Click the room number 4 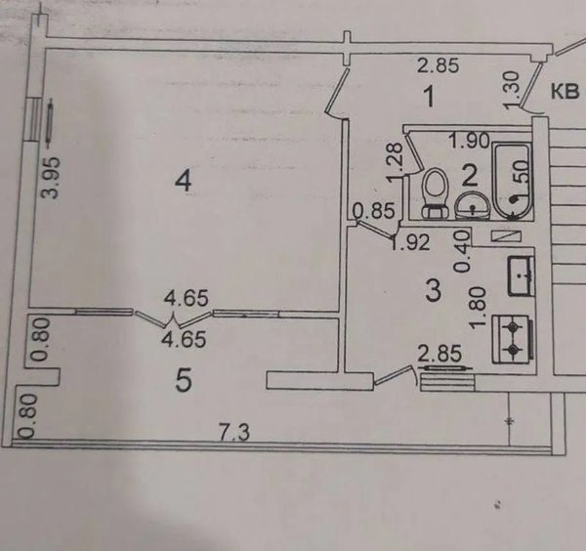184,182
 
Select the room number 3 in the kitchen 434,291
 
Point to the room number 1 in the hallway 430,96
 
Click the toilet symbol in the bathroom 435,193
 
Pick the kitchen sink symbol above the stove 521,275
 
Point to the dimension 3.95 51,177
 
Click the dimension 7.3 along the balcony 234,434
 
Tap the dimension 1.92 410,243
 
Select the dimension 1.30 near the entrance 513,91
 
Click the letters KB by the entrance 565,92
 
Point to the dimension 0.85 374,210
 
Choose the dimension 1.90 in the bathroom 469,141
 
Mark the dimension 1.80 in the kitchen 479,309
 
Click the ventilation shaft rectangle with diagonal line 506,235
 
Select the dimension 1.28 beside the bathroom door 395,163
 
